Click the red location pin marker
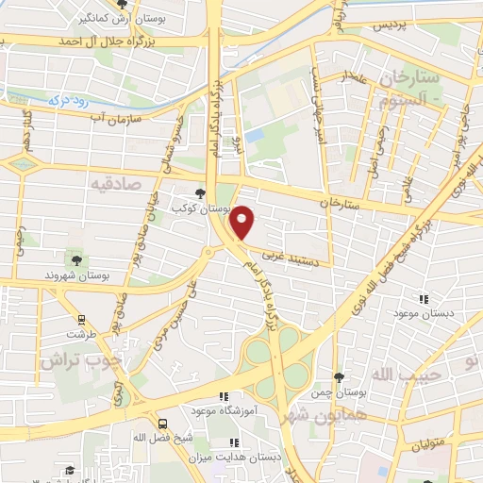pos(243,221)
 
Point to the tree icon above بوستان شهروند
pos(75,259)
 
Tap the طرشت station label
pos(81,334)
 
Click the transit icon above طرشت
pos(81,319)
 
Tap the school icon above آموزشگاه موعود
pos(224,397)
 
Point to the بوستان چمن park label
pos(341,390)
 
